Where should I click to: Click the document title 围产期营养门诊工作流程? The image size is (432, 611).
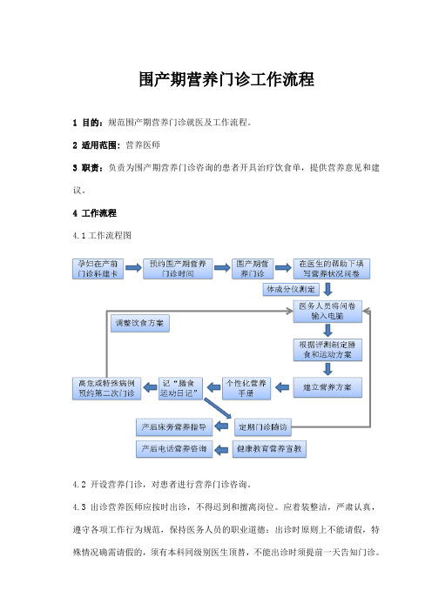226,79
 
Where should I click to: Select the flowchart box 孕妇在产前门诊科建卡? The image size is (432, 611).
98,269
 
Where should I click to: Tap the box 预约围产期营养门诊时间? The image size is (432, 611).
178,269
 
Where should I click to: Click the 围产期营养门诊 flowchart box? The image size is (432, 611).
253,269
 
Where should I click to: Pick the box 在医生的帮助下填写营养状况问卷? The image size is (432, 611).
332,269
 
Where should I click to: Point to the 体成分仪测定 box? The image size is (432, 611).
291,290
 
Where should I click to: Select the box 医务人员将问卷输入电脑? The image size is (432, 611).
327,312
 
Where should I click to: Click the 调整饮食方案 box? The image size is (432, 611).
140,324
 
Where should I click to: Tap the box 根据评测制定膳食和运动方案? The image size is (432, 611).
327,350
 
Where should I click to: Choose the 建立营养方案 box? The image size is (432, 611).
327,387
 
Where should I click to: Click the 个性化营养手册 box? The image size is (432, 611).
246,388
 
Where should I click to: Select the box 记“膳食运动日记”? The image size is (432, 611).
180,388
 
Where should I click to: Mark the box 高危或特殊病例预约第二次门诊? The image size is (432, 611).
106,388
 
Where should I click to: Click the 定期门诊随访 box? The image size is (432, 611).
262,427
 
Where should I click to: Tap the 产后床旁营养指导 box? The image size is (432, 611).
174,427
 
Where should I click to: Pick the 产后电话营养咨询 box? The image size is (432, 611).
174,449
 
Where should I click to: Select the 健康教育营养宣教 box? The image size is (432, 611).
269,449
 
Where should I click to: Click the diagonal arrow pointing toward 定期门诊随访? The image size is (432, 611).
218,408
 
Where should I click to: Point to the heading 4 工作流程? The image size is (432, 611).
94,213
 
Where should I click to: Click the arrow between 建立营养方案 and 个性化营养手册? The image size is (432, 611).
282,387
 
